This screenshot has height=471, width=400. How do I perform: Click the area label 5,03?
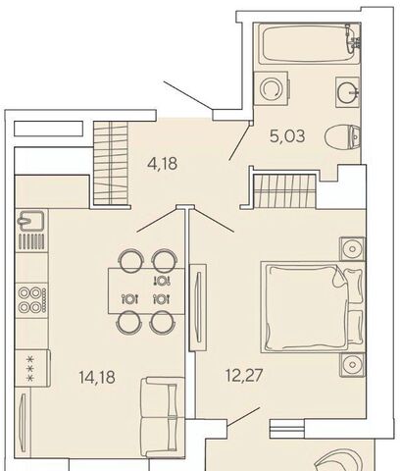point(287,135)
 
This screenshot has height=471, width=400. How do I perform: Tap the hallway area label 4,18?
point(163,163)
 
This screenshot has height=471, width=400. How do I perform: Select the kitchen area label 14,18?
point(97,377)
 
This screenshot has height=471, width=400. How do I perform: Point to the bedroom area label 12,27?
point(244,375)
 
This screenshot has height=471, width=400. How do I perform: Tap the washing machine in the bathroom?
point(272,88)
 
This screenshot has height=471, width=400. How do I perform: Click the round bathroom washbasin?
point(348,92)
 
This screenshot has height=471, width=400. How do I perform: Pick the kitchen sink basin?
point(30,221)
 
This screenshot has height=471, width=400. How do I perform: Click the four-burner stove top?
point(32,299)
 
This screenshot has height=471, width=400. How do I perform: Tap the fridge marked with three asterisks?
point(33,369)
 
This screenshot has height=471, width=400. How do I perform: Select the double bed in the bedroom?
point(313,307)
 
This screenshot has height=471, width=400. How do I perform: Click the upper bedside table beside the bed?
point(352,249)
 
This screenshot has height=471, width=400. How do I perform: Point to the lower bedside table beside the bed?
point(352,364)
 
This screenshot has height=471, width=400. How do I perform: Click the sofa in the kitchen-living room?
point(163,417)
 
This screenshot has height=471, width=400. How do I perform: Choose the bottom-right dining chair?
point(163,322)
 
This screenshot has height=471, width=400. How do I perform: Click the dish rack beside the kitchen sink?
point(31,241)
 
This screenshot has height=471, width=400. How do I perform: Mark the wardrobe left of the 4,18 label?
point(111,163)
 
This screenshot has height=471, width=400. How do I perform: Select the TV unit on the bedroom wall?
point(198,308)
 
